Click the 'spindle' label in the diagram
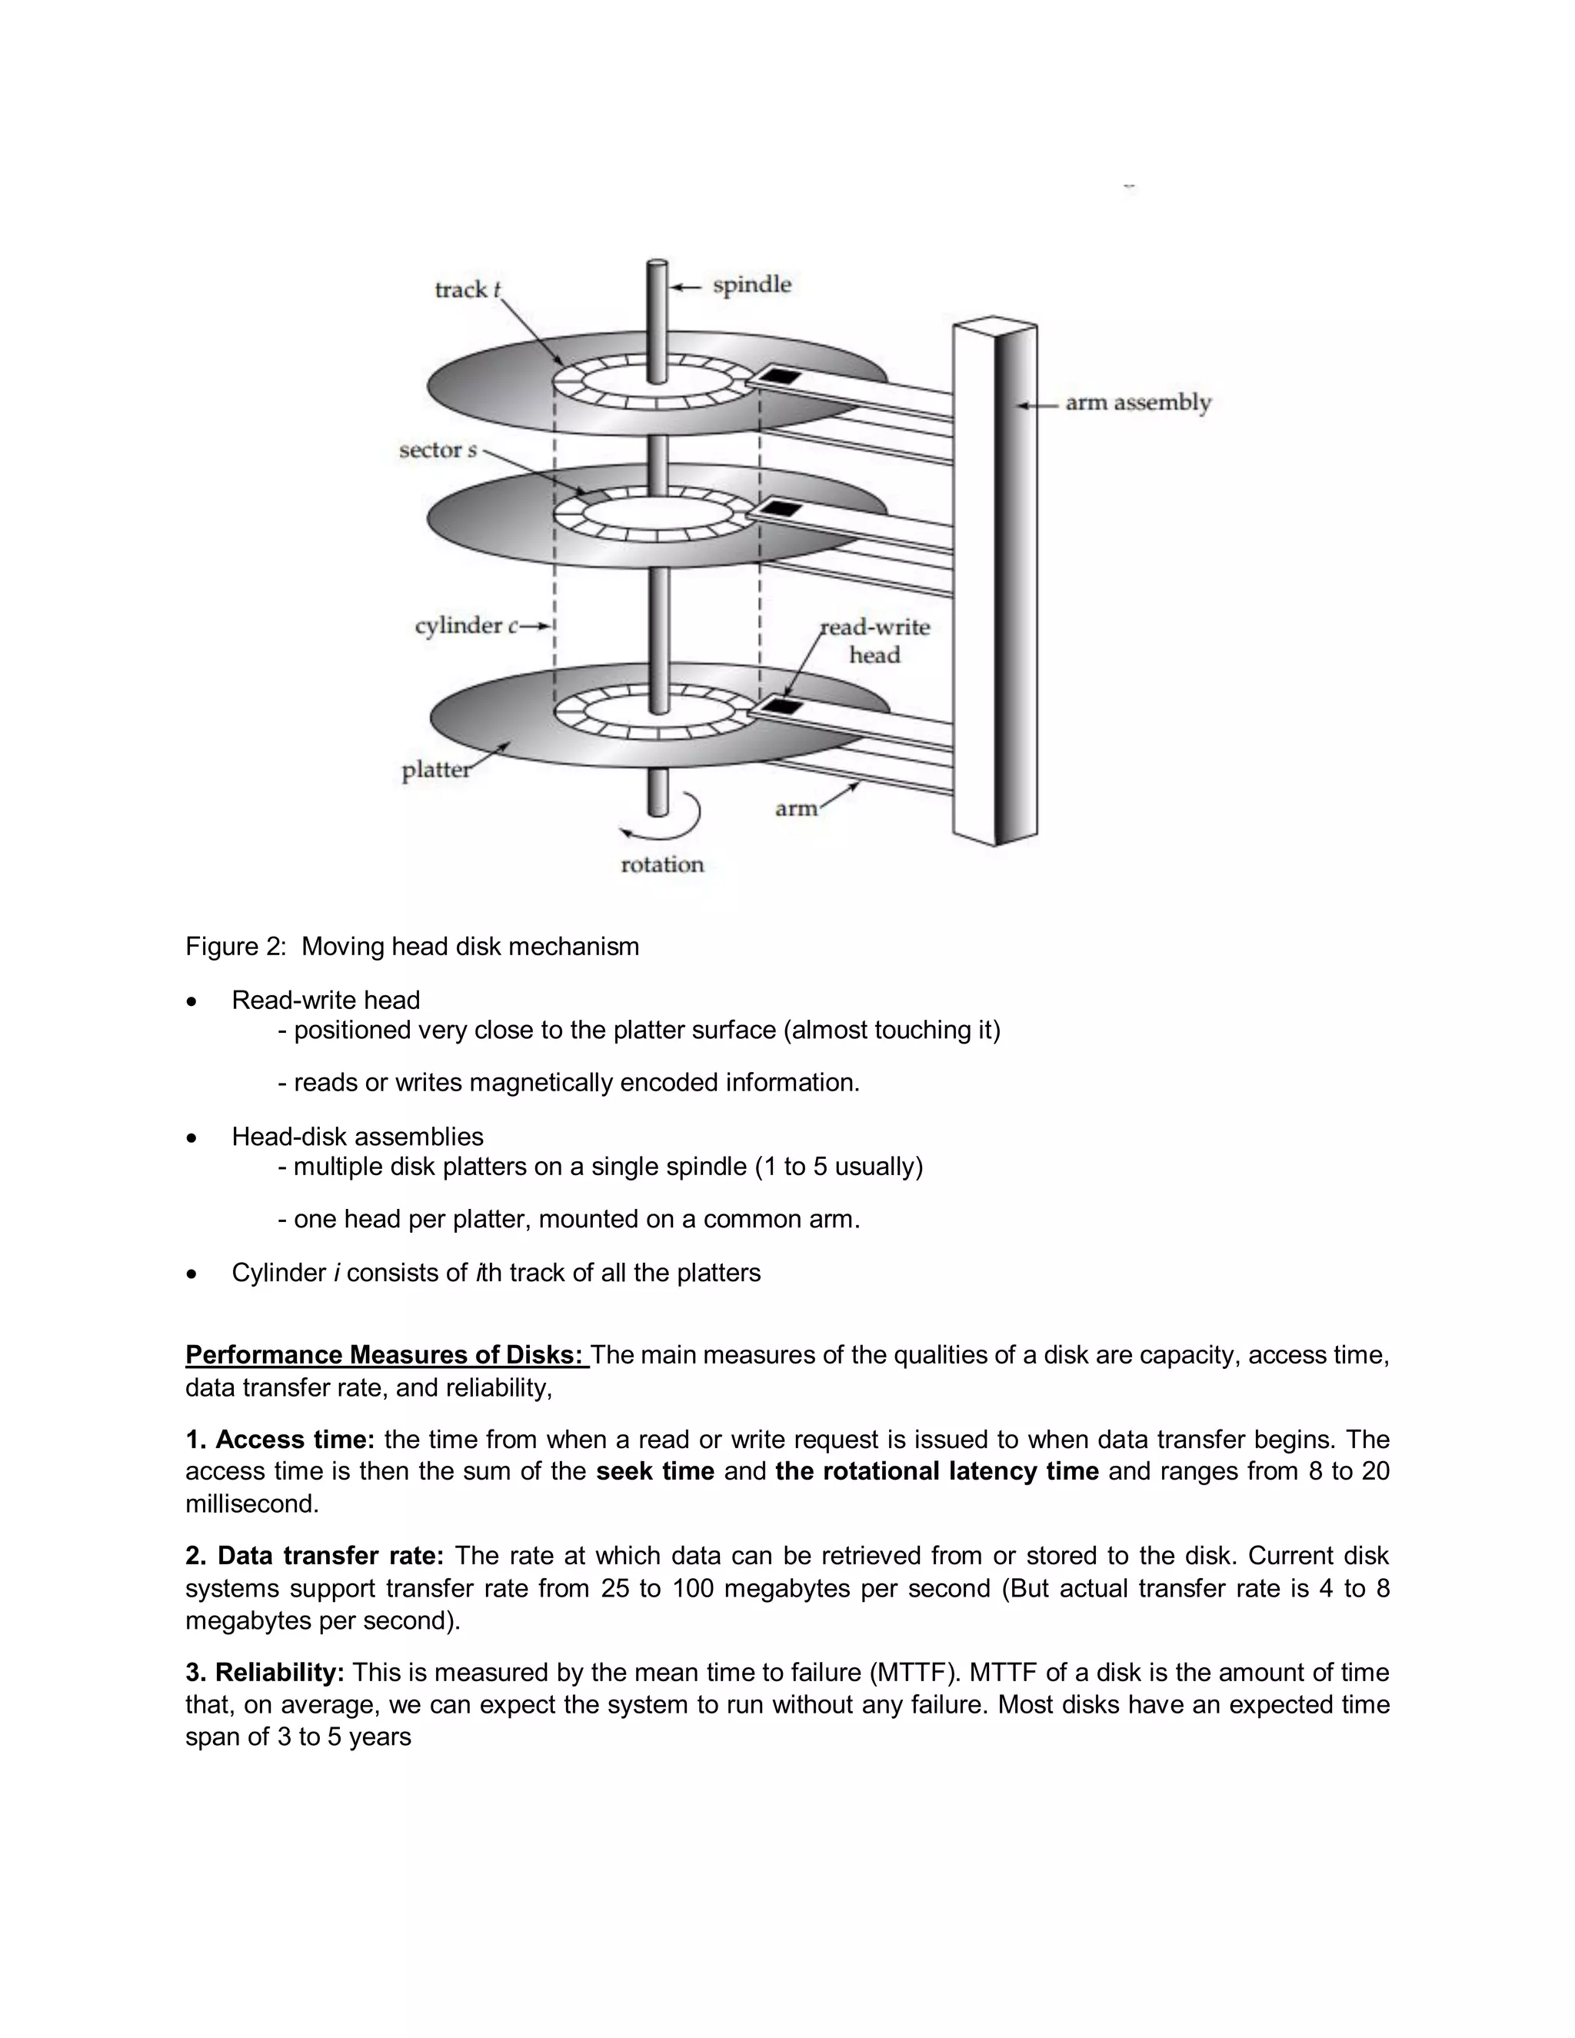coord(751,285)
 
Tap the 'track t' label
coord(468,289)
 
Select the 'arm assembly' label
coord(1137,403)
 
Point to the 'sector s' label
coord(438,451)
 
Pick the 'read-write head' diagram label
coord(874,640)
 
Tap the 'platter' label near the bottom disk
coord(436,770)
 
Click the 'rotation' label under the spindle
coord(662,864)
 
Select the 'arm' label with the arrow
coord(795,808)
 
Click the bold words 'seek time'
coord(655,1471)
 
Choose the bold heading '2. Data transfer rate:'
coord(315,1556)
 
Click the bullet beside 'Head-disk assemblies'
coord(191,1137)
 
